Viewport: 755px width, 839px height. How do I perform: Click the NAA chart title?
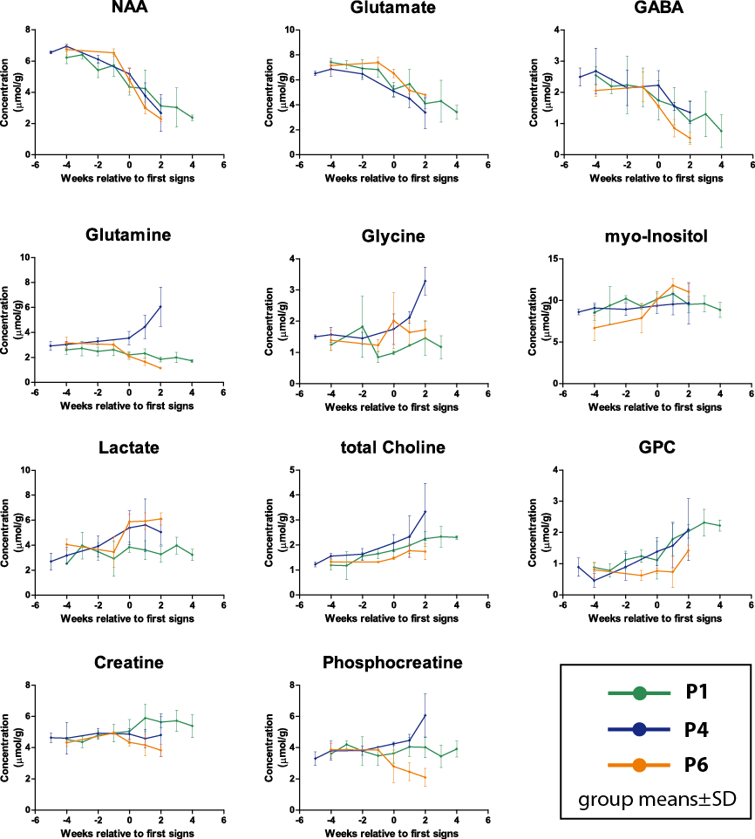(x=129, y=10)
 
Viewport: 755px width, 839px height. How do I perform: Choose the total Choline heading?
(x=394, y=448)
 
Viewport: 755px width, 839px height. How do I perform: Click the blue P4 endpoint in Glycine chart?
(x=425, y=281)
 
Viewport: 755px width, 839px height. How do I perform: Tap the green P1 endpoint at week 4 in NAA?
(x=192, y=117)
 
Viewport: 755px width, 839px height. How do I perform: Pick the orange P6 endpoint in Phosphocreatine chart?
(x=425, y=777)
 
